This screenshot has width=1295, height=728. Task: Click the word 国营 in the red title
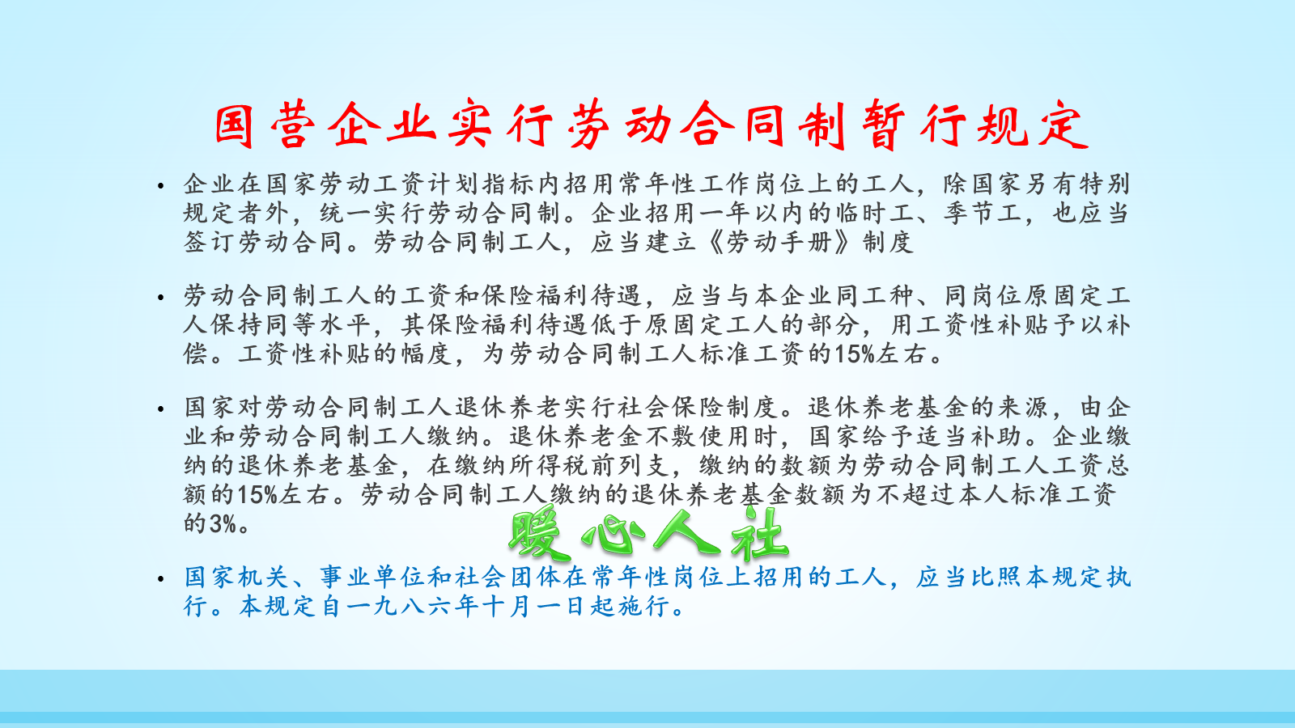click(263, 126)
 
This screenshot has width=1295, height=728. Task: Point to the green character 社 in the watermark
click(758, 535)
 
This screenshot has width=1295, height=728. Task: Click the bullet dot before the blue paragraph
click(162, 579)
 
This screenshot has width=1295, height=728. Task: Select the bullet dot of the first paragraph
click(162, 186)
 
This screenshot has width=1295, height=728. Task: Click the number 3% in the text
click(223, 523)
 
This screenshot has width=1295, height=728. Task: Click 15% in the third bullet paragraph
click(257, 494)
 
